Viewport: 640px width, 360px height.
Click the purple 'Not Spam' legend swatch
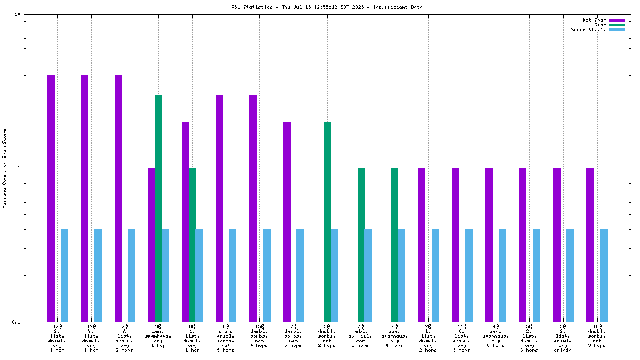point(617,20)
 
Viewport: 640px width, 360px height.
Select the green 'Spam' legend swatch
point(617,25)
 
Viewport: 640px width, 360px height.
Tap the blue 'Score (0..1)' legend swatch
point(617,29)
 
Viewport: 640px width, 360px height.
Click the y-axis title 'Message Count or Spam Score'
point(4,169)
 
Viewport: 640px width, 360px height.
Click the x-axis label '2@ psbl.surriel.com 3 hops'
point(361,338)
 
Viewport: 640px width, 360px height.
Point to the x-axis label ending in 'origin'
point(563,338)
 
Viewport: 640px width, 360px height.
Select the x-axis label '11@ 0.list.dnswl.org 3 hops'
point(462,338)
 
